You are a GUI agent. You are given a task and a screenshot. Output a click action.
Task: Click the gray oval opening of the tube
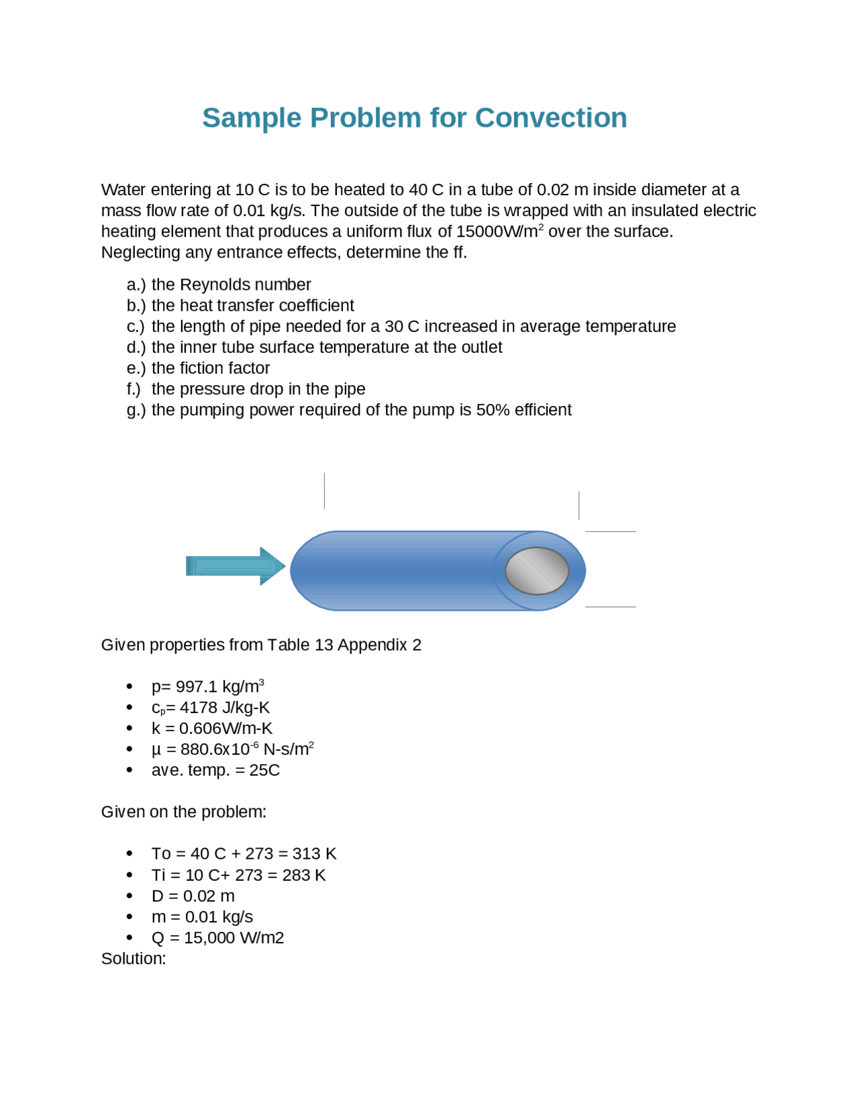pyautogui.click(x=536, y=570)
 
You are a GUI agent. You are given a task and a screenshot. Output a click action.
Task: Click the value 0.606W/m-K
pyautogui.click(x=225, y=729)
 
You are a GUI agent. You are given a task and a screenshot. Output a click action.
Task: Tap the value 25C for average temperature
pyautogui.click(x=264, y=770)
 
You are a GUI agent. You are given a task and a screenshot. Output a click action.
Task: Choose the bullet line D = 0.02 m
pyautogui.click(x=193, y=896)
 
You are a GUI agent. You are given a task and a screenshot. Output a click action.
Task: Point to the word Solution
pyautogui.click(x=133, y=959)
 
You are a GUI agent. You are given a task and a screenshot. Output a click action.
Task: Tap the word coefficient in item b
pyautogui.click(x=316, y=306)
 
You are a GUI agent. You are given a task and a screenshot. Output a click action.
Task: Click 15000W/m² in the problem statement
pyautogui.click(x=499, y=232)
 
